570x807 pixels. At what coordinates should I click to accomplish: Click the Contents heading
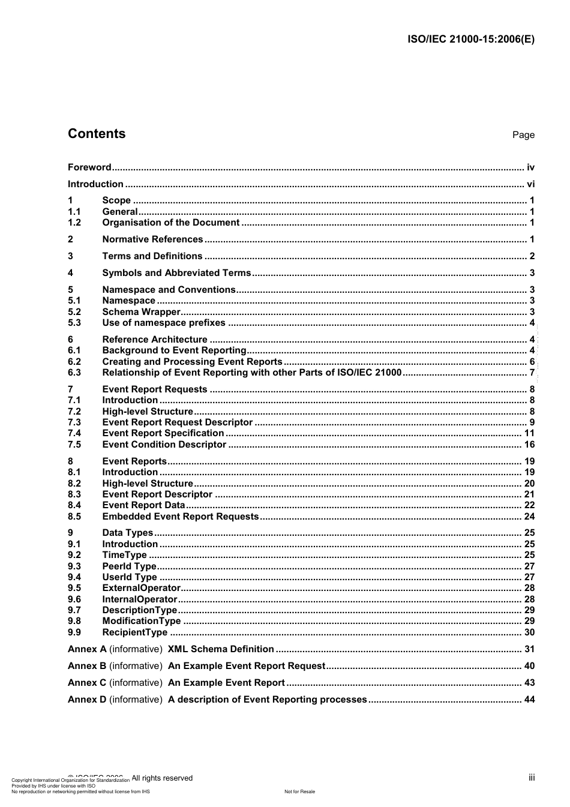[x=97, y=134]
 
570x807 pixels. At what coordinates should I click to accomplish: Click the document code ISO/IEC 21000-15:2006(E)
[x=471, y=40]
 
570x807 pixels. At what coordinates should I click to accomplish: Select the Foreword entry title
[x=89, y=167]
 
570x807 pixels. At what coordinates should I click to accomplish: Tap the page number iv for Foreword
[x=530, y=167]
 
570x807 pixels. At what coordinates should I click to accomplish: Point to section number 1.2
[x=74, y=223]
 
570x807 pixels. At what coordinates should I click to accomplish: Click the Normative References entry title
[x=152, y=239]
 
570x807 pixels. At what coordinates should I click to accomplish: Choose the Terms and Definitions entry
[x=152, y=256]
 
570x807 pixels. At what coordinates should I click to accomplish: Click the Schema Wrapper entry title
[x=141, y=312]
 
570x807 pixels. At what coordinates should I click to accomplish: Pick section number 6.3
[x=74, y=373]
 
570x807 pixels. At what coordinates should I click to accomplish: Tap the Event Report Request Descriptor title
[x=177, y=422]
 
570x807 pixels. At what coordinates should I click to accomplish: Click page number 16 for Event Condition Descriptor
[x=529, y=445]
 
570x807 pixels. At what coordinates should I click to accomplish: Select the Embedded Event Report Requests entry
[x=180, y=517]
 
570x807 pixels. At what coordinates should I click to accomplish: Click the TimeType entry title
[x=124, y=555]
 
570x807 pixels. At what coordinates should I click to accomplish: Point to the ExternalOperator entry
[x=141, y=588]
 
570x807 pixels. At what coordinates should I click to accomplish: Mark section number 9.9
[x=74, y=632]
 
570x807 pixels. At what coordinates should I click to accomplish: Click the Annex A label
[x=87, y=649]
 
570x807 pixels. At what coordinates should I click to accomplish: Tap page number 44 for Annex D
[x=529, y=700]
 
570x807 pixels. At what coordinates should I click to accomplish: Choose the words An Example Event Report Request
[x=246, y=666]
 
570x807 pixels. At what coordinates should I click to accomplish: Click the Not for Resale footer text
[x=299, y=791]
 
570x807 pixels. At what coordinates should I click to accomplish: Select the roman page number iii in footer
[x=532, y=778]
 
